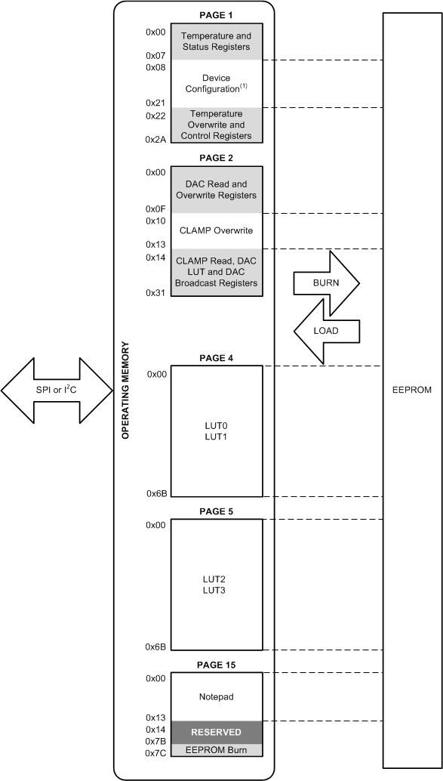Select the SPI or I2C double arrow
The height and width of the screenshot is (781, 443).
pos(57,389)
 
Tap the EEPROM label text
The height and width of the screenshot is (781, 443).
pos(412,390)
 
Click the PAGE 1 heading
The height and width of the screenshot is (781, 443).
pos(217,14)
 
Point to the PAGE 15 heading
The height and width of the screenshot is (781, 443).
pos(217,665)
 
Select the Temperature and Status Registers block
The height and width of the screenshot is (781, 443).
pos(217,42)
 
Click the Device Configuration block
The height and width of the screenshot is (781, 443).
pos(217,84)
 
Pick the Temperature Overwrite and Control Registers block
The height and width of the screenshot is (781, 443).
pos(217,125)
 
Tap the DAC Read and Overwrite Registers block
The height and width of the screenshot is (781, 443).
pos(217,190)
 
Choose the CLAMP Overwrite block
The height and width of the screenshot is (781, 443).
pos(217,230)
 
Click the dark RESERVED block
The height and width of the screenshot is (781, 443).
pos(217,732)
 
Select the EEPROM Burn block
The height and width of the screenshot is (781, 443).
pos(217,750)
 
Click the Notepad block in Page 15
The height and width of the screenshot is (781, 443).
pos(217,696)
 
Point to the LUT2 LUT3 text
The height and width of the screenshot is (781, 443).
pos(217,583)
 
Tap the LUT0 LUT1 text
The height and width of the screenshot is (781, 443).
pos(217,431)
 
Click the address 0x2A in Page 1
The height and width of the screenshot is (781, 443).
pos(155,140)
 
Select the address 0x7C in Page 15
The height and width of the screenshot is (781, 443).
pos(155,754)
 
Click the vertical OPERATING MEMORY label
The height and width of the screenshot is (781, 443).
pos(126,390)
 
